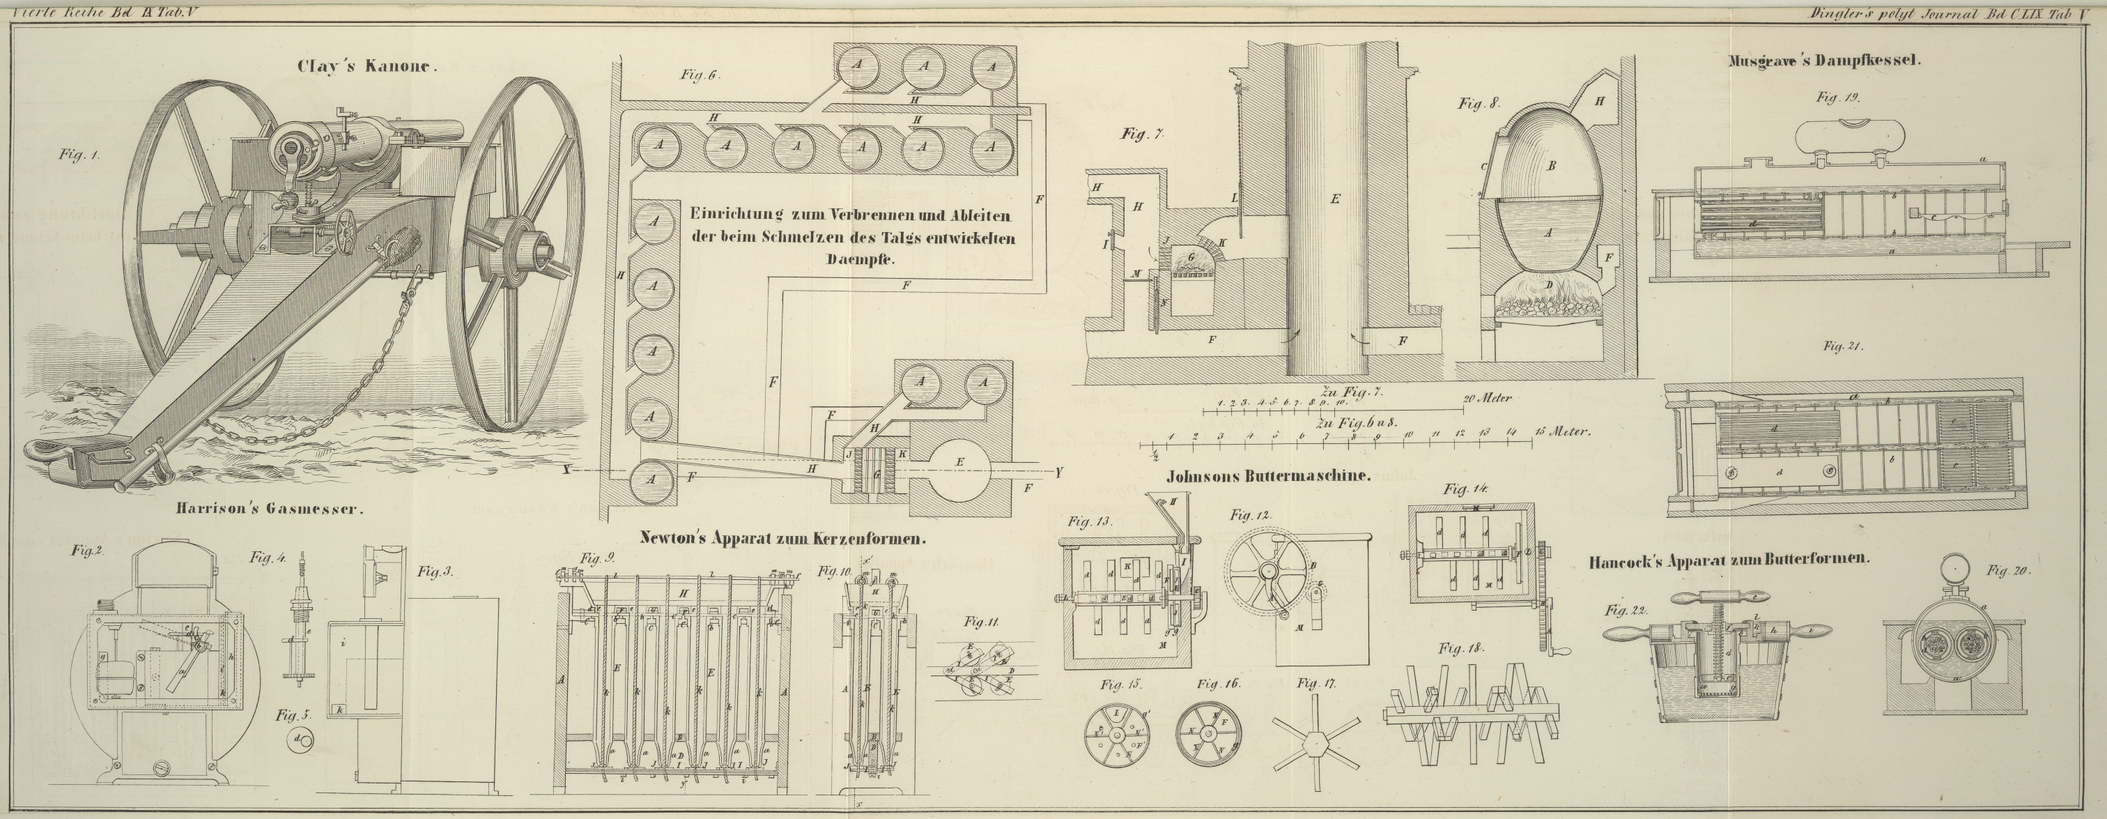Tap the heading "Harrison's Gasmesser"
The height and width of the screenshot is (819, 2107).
(x=268, y=509)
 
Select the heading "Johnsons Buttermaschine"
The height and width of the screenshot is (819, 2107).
(x=1268, y=476)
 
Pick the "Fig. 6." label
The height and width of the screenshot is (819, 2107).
(x=699, y=75)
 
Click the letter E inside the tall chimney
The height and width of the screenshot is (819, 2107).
(x=1335, y=197)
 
